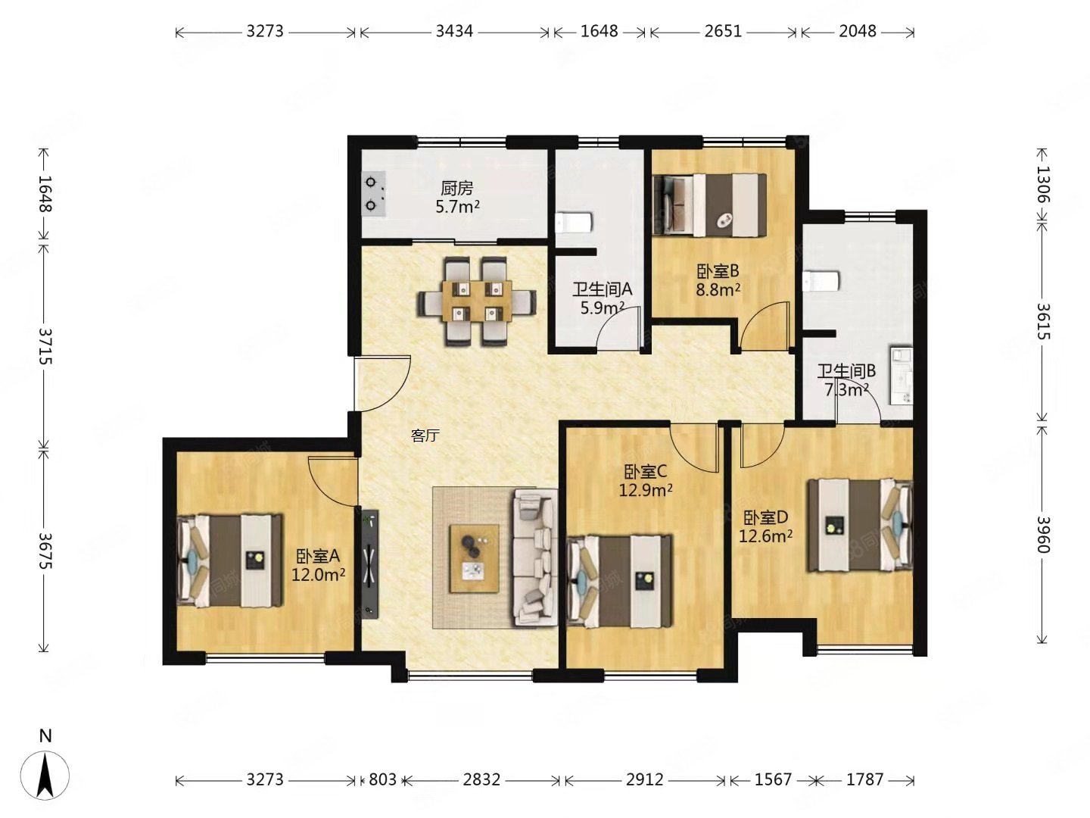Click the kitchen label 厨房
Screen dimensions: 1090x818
coord(457,189)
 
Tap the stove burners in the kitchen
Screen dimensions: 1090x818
coord(374,194)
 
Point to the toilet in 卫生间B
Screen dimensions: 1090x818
coord(821,281)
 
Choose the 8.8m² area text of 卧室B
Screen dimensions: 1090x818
coord(718,289)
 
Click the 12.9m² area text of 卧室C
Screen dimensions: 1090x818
coord(645,490)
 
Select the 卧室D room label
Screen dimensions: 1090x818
coord(765,518)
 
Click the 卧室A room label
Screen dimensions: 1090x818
coord(318,556)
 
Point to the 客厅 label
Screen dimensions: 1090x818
coord(425,436)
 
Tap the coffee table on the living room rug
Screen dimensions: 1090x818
coord(475,558)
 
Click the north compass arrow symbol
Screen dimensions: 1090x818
coord(45,776)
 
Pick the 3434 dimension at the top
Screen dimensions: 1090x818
coord(454,31)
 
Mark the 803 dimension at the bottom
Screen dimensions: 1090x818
coord(382,779)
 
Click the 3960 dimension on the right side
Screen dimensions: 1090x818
coord(1043,535)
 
